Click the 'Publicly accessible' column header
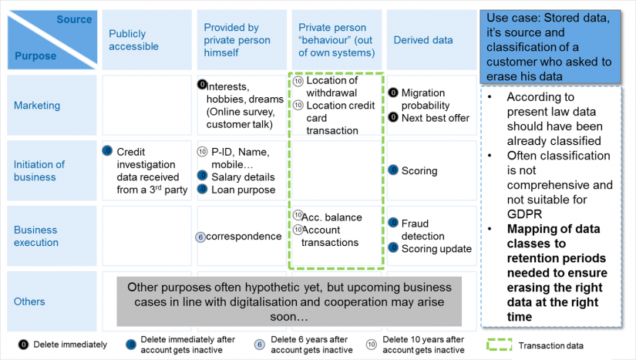click(x=133, y=40)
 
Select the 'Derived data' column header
click(x=423, y=40)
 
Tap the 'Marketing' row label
click(x=37, y=106)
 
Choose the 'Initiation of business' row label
click(x=39, y=170)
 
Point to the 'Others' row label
click(x=29, y=301)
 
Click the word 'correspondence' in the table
click(x=244, y=237)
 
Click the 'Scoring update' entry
click(x=436, y=248)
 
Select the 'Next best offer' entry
click(x=436, y=118)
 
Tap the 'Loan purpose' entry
click(x=244, y=190)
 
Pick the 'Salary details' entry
click(x=243, y=177)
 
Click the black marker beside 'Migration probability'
click(x=393, y=93)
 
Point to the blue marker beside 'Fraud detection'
click(x=393, y=223)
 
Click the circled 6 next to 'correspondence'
click(x=200, y=237)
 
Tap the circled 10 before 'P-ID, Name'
click(x=202, y=152)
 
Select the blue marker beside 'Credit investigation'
click(x=107, y=151)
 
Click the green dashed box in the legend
click(x=500, y=345)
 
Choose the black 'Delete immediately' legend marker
click(x=24, y=345)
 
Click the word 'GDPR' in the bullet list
click(x=524, y=214)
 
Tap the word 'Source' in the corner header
click(x=74, y=19)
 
